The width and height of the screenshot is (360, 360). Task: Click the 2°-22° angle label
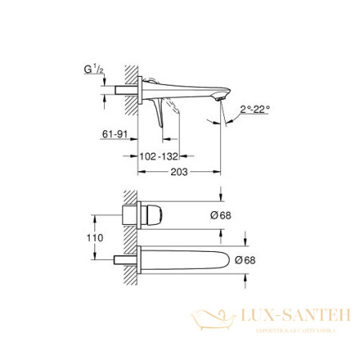pyautogui.click(x=246, y=108)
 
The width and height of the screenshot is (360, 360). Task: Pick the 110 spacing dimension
pyautogui.click(x=98, y=238)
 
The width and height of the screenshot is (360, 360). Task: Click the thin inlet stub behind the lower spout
pyautogui.click(x=126, y=260)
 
